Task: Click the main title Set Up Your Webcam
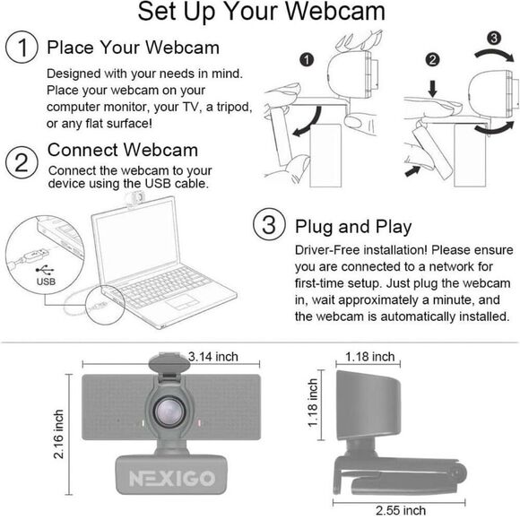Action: pyautogui.click(x=261, y=13)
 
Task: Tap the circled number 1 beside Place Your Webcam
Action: pyautogui.click(x=21, y=47)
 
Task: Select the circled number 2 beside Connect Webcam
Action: pyautogui.click(x=21, y=162)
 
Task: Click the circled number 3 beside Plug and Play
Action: pyautogui.click(x=267, y=225)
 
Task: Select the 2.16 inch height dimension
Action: pyautogui.click(x=59, y=434)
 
